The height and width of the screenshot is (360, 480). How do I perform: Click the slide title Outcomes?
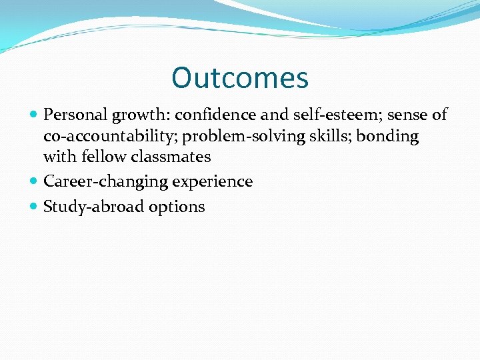point(240,78)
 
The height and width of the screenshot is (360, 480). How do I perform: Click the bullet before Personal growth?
point(34,115)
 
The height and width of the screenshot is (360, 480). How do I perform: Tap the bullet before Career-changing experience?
point(34,182)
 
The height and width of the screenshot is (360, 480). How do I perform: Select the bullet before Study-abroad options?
point(34,207)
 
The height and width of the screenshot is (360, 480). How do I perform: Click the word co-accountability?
point(111,137)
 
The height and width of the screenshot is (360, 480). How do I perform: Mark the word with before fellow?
point(58,157)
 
